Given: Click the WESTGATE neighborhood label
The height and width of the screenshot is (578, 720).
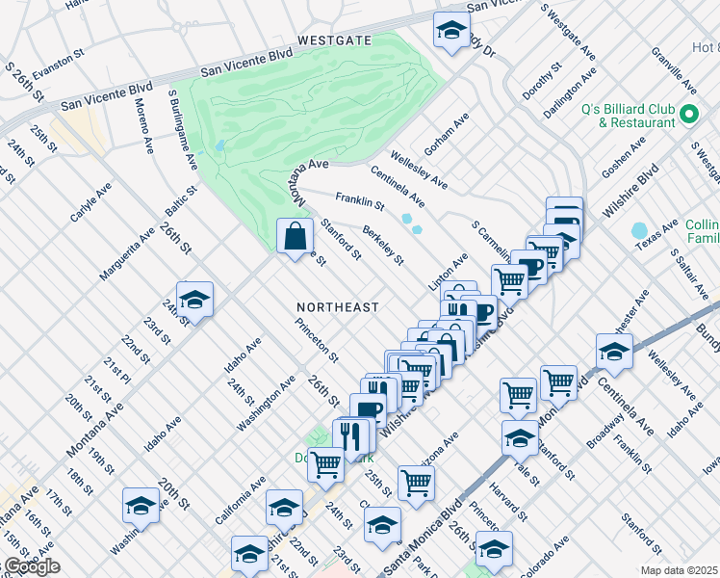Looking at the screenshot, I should click(334, 40).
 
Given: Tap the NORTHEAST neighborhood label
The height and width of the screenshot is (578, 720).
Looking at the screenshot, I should click(337, 306).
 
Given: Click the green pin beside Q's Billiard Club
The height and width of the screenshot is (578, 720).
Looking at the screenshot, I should click(688, 115).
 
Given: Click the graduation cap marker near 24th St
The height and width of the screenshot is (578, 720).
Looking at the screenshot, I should click(194, 301).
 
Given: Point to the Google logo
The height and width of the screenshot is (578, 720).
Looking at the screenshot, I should click(31, 566).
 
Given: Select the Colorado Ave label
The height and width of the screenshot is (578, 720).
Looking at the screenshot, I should click(547, 555).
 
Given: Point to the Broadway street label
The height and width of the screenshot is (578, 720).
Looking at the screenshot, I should click(604, 433).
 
